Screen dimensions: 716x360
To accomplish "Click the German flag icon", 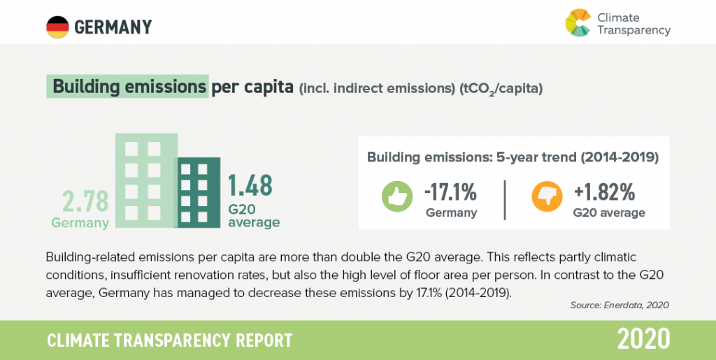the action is [57, 27].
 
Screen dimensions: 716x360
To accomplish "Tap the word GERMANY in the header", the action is [113, 27].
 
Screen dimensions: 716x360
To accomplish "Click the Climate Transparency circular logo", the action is [578, 22].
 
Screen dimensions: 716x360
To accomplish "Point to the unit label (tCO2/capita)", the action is [501, 89].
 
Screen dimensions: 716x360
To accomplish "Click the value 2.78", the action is [86, 202].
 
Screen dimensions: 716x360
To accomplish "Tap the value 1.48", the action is [250, 185].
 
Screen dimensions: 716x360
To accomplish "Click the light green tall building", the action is [146, 180].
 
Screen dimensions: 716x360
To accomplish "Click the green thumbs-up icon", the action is [397, 196].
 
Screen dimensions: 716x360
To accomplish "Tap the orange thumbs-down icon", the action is [547, 196].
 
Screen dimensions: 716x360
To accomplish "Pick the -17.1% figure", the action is [451, 193].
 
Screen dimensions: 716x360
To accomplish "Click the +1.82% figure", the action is [605, 193].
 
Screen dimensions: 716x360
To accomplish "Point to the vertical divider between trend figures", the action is [505, 200].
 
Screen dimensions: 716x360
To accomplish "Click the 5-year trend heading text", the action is [513, 157].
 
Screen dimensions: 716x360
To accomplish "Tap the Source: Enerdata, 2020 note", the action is [620, 305].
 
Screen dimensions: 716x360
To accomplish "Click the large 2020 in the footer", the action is [644, 339].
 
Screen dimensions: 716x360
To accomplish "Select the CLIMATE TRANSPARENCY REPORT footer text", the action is [169, 340].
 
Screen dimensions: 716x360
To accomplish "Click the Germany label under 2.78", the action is [80, 223].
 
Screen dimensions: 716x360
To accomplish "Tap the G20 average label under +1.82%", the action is [609, 213].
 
